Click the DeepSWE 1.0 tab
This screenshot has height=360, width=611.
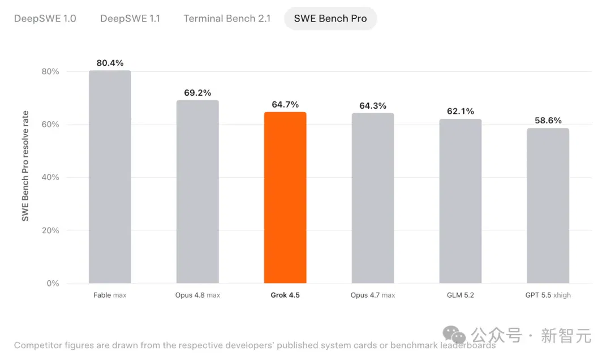pyautogui.click(x=45, y=18)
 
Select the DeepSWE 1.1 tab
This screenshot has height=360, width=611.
pyautogui.click(x=130, y=18)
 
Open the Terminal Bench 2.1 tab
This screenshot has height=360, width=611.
pyautogui.click(x=227, y=18)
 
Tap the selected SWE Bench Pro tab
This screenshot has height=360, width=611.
pyautogui.click(x=330, y=18)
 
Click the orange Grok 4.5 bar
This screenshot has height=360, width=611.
pyautogui.click(x=285, y=198)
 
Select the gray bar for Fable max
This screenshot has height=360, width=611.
pyautogui.click(x=110, y=177)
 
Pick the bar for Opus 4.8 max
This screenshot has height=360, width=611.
pyautogui.click(x=197, y=191)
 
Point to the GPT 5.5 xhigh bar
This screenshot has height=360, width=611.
pyautogui.click(x=548, y=205)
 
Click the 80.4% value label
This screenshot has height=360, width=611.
pyautogui.click(x=110, y=63)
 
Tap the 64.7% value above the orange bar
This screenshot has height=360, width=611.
pyautogui.click(x=285, y=105)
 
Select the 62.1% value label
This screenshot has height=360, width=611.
pyautogui.click(x=461, y=111)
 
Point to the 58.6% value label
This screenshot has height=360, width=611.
pyautogui.click(x=548, y=121)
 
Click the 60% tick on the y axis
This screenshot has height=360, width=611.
pyautogui.click(x=50, y=125)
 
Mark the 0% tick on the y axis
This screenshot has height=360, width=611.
pyautogui.click(x=53, y=284)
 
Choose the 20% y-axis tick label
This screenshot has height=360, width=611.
pyautogui.click(x=50, y=230)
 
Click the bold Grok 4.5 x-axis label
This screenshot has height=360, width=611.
pyautogui.click(x=285, y=295)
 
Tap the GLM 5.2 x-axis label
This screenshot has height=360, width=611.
pyautogui.click(x=461, y=295)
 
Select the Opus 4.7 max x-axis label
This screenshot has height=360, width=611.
pyautogui.click(x=373, y=295)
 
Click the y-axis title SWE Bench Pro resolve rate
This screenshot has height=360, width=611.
pyautogui.click(x=25, y=166)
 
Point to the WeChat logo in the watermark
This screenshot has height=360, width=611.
pyautogui.click(x=454, y=335)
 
